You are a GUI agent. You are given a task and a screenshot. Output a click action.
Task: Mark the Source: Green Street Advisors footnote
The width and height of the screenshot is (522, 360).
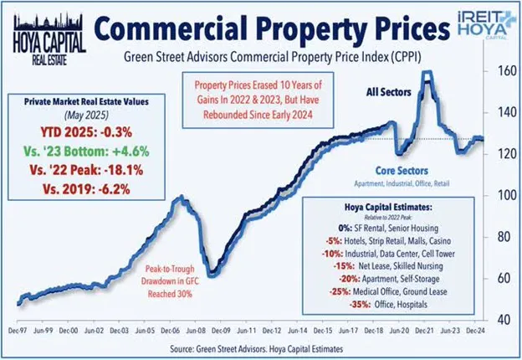[260, 347]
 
